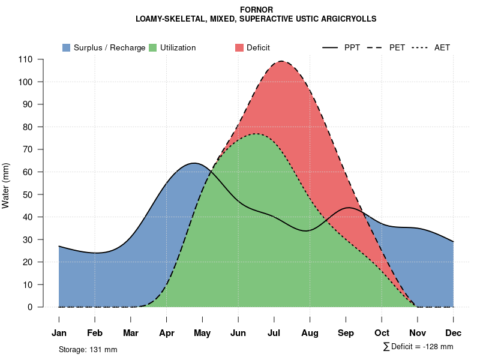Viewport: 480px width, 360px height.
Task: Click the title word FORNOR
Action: pos(256,10)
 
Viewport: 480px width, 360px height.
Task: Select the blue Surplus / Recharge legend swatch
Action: pos(66,47)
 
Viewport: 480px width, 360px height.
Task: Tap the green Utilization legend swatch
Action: pos(152,47)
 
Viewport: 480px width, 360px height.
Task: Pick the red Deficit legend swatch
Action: pos(239,47)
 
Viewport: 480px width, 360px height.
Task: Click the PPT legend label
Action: pos(352,47)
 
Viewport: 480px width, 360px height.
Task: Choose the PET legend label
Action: pos(397,47)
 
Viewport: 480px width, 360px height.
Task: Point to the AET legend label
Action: pos(442,47)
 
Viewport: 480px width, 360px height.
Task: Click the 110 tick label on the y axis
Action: pos(25,59)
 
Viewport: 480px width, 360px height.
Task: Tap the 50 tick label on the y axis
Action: pos(28,194)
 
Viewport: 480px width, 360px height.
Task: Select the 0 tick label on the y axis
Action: pos(30,307)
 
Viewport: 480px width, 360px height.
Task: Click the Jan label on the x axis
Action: pos(59,333)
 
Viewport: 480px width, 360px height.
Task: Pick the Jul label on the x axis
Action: pos(274,333)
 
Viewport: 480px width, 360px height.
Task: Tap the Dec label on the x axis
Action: pos(454,333)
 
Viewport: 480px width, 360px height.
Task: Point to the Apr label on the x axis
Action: pos(166,333)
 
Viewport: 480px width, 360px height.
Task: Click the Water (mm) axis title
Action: pos(6,185)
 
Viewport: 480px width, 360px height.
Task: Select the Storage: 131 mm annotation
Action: pos(88,349)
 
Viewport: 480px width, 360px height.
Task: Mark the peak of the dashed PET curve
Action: pos(281,61)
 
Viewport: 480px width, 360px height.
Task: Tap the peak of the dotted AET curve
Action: pos(256,134)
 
